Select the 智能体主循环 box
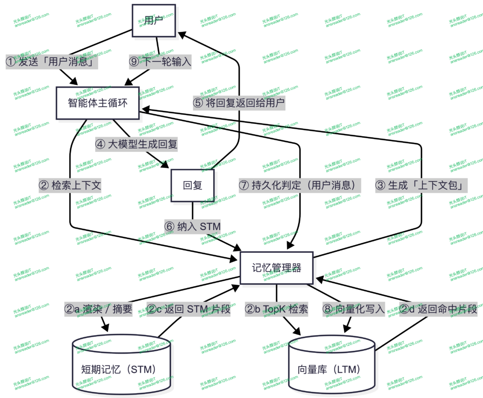click(x=98, y=103)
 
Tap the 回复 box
click(x=192, y=185)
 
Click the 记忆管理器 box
click(x=277, y=268)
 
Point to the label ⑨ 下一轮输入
click(x=160, y=61)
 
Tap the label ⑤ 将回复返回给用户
click(x=239, y=103)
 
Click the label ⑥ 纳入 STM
click(x=192, y=226)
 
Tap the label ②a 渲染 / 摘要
click(x=98, y=309)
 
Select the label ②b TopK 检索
click(x=276, y=309)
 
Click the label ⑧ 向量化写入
click(x=354, y=309)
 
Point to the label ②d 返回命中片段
click(x=439, y=309)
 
